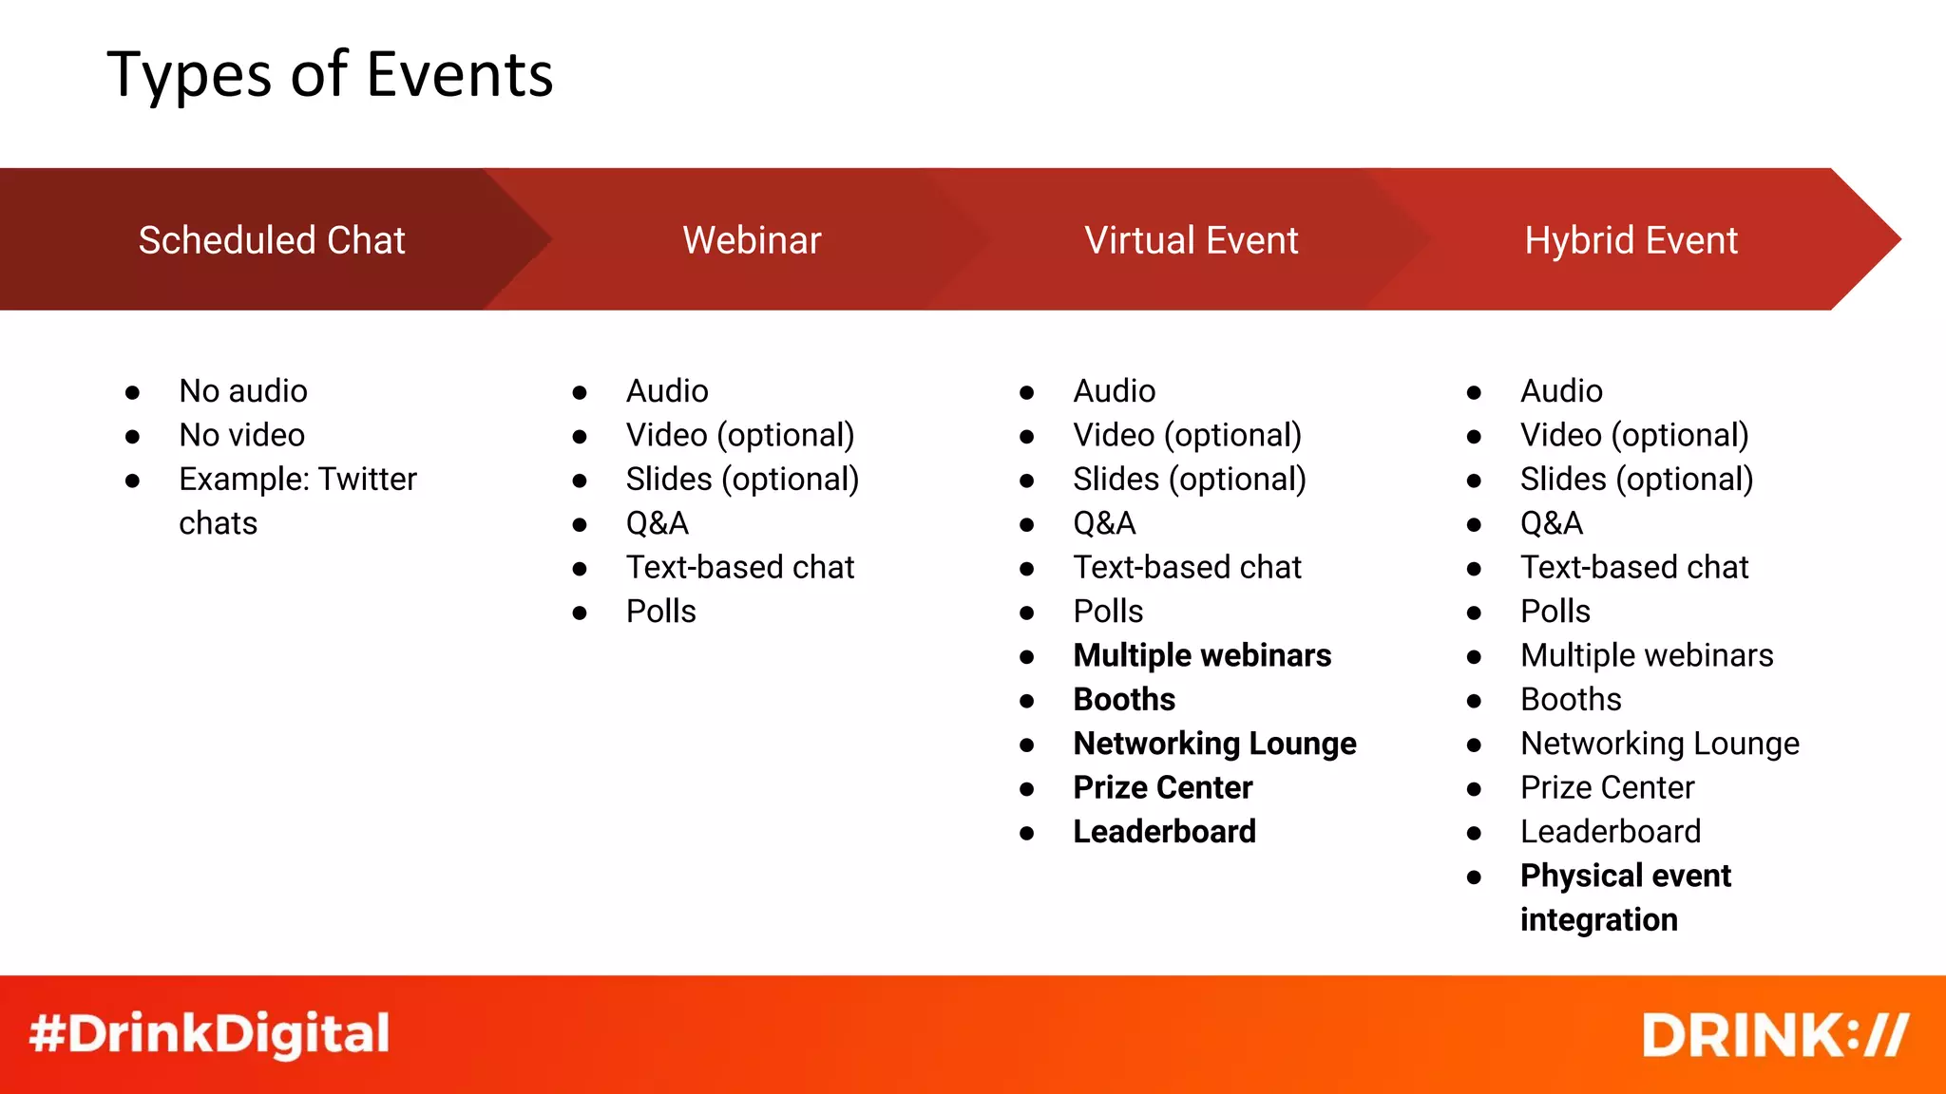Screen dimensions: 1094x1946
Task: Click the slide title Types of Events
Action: coord(330,74)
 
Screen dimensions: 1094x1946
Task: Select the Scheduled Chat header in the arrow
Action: coord(272,240)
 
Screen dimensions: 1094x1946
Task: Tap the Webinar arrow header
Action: coord(752,240)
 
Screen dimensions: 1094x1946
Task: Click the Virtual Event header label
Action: coord(1191,240)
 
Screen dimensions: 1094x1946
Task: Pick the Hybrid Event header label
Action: coord(1631,240)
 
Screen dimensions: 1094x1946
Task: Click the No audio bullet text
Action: coord(243,391)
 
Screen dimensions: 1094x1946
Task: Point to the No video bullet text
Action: coord(241,435)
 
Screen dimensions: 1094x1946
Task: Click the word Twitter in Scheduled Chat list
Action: coord(367,480)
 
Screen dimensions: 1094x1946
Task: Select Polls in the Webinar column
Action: coord(660,612)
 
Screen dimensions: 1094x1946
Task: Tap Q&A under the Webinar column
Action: coord(657,523)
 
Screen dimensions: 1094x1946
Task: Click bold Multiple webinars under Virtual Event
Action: coord(1202,655)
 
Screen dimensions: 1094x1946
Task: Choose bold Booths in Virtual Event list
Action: coord(1124,700)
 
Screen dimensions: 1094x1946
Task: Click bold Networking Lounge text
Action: coord(1214,744)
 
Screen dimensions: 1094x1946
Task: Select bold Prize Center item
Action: coord(1162,788)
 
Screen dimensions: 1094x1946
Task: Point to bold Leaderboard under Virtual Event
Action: coord(1164,832)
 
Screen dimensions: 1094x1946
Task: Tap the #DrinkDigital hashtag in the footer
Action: coord(209,1034)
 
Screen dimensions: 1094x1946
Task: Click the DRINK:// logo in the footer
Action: coord(1775,1035)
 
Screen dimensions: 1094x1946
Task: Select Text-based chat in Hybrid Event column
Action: coord(1633,568)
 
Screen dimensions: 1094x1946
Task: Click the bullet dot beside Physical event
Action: coord(1474,877)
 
